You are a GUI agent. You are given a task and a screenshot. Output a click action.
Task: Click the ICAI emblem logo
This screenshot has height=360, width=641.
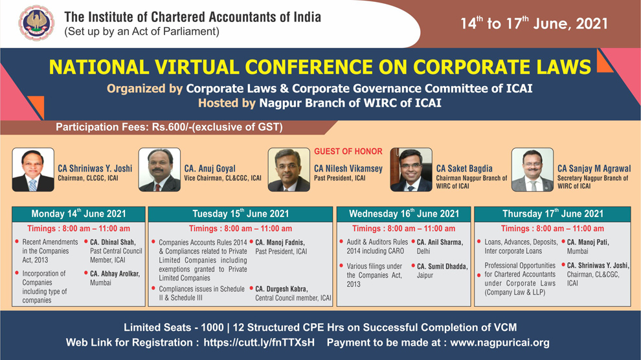36,23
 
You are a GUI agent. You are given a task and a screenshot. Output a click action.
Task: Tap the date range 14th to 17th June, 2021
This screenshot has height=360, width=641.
534,23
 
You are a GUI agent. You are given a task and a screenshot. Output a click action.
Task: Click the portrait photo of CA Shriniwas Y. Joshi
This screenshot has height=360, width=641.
33,170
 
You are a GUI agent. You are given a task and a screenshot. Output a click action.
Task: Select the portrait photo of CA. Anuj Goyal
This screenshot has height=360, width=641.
159,170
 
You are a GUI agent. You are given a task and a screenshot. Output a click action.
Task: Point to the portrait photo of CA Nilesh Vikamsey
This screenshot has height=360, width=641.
289,170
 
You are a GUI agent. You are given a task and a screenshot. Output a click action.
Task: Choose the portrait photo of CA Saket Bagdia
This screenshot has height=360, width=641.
411,170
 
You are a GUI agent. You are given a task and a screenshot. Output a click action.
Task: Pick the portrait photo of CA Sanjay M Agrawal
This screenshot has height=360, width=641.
533,170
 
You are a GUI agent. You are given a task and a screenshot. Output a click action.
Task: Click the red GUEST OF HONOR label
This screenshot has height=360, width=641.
348,152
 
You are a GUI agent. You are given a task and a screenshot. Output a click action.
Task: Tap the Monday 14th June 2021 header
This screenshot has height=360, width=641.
78,214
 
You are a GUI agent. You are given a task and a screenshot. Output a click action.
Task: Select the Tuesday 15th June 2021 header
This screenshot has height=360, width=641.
240,214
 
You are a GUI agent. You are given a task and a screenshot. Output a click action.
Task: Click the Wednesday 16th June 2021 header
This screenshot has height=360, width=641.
404,214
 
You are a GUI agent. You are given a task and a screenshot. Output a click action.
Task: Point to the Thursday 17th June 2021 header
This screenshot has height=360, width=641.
553,214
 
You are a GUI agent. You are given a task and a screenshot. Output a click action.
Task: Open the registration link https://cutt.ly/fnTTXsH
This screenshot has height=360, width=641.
259,343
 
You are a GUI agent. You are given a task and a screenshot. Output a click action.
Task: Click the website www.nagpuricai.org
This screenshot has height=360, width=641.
500,343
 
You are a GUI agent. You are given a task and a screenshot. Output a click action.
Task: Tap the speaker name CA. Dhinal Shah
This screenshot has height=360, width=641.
113,242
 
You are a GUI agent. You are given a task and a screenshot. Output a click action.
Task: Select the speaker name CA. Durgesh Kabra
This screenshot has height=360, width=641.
282,289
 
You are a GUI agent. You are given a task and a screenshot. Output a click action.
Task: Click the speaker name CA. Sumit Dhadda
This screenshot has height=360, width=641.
442,266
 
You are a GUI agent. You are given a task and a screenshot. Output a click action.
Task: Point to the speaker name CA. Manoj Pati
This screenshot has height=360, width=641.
588,242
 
